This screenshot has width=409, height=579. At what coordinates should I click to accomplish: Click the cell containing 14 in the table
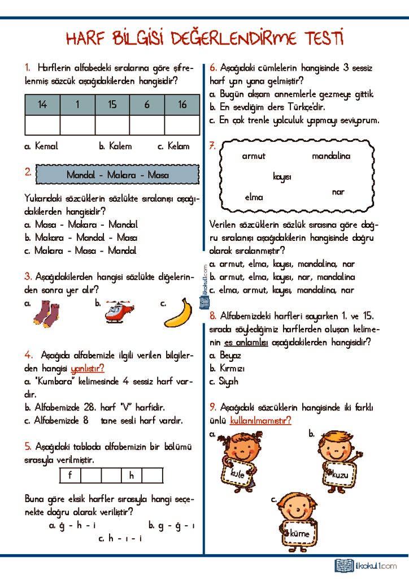pos(42,105)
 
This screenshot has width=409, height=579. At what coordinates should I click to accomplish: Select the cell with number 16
pos(182,105)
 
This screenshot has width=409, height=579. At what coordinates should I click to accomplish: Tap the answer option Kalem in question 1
pos(115,146)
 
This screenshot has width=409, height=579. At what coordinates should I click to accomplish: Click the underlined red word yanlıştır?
pos(88,369)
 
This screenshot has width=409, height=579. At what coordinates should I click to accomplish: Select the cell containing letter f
pos(70,476)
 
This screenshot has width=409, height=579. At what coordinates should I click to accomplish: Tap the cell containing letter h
pos(132,476)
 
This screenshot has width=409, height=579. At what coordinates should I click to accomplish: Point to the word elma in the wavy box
pos(254,197)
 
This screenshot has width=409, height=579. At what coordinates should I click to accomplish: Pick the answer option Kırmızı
pos(232,369)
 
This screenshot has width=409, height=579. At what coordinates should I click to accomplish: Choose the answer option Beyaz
pos(230,356)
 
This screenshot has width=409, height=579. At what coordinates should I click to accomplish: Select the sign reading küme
pos(299,533)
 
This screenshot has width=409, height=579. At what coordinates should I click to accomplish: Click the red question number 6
pos(213,67)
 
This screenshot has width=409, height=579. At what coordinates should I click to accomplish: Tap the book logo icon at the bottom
pos(343,565)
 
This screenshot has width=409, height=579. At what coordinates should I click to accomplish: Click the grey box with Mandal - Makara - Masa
pos(118,175)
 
